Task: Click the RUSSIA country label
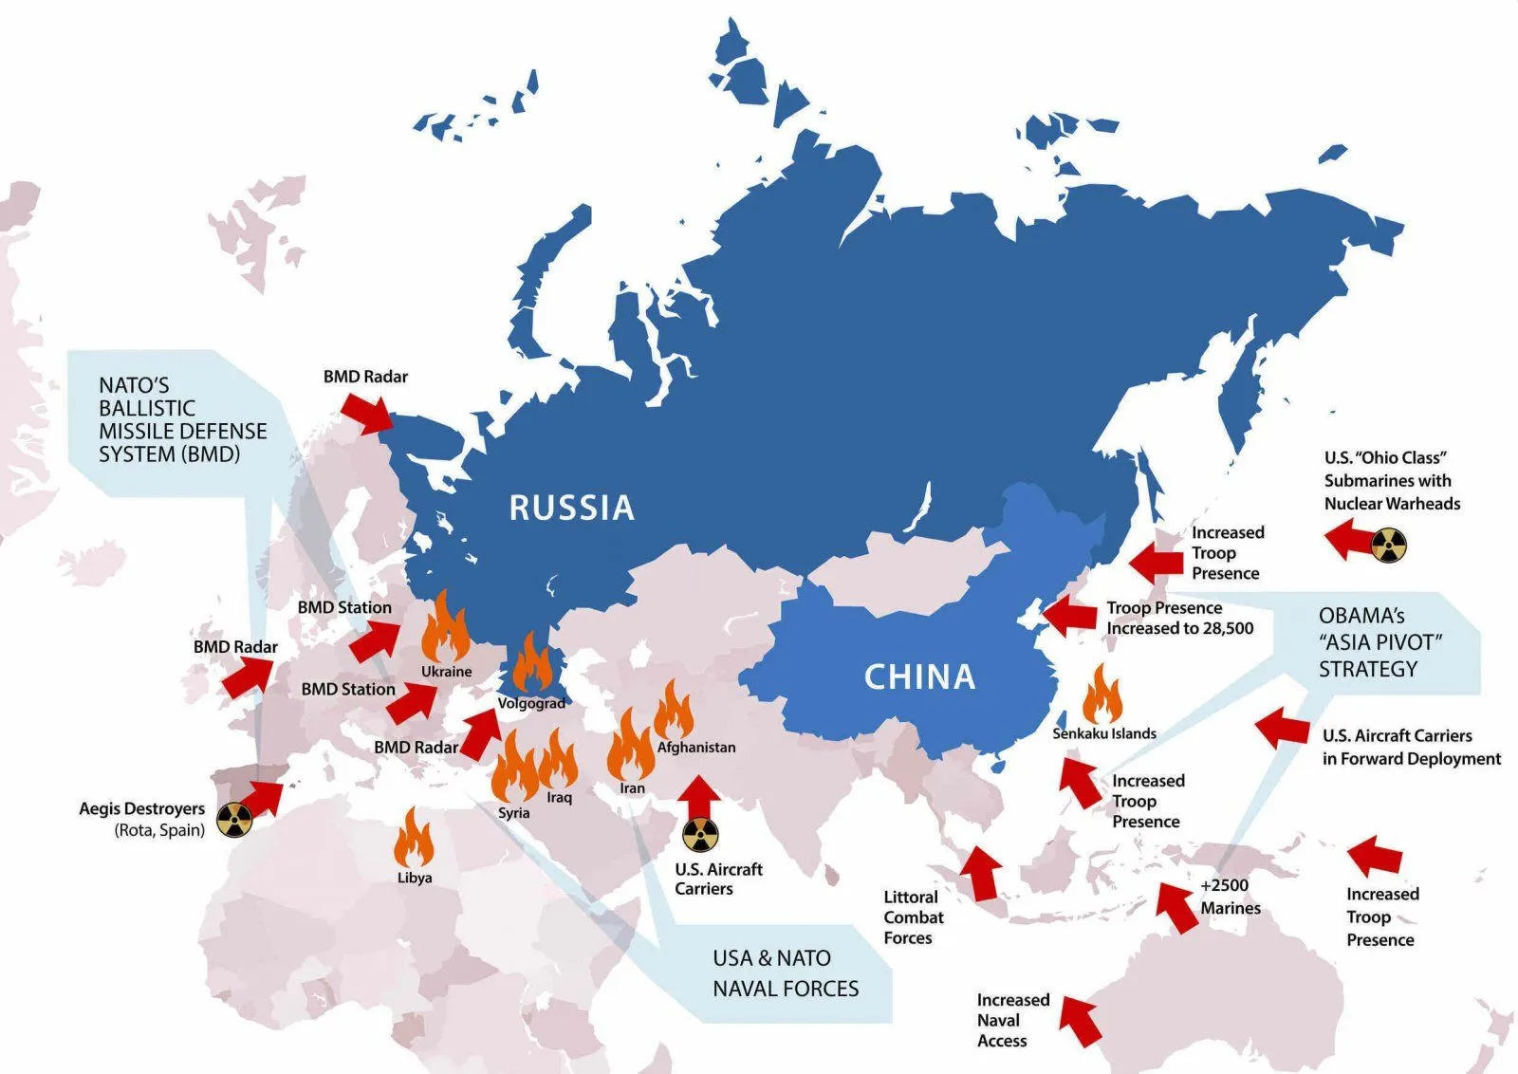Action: [571, 508]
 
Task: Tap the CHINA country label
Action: [919, 676]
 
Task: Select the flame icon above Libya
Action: [414, 837]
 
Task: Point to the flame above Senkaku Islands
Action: [1102, 695]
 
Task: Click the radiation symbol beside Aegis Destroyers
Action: [232, 820]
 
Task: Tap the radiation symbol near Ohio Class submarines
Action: [1389, 546]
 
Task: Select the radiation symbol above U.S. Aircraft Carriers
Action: [700, 835]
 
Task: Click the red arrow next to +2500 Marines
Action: [1176, 906]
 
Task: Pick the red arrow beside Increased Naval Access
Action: [1080, 1021]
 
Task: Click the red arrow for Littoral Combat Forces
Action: [981, 873]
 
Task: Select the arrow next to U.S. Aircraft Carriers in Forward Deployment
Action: [1282, 729]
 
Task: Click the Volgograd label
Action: [531, 703]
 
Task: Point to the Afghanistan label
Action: [696, 747]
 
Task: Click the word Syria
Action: [514, 813]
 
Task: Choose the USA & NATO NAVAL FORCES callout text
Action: [786, 973]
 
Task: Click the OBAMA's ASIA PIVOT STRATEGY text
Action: [1380, 642]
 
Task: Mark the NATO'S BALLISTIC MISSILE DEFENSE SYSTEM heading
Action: [182, 419]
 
